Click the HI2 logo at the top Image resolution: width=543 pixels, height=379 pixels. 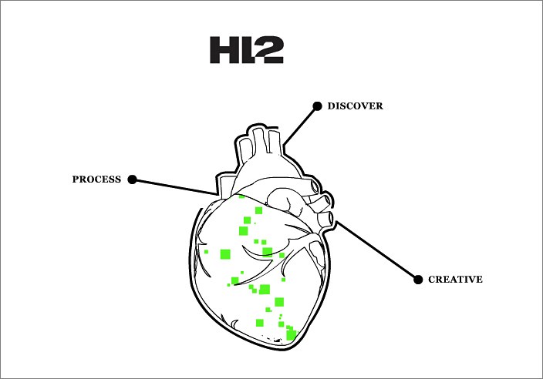(247, 50)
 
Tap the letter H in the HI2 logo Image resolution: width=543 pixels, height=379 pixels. (223, 50)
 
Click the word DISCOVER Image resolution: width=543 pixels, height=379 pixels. (356, 106)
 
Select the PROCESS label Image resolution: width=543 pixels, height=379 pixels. (96, 179)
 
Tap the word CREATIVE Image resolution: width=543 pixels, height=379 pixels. (455, 280)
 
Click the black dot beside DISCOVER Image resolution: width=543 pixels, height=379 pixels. (317, 106)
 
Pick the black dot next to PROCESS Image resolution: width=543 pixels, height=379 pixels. (133, 179)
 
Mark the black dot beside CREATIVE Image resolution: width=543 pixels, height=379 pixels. (418, 280)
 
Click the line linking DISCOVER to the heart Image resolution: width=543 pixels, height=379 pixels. (299, 126)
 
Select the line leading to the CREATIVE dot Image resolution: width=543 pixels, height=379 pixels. (376, 250)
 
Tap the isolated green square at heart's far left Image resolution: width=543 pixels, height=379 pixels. (207, 251)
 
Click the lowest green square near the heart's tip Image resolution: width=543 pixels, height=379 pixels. (292, 335)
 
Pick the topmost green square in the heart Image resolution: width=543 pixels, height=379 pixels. (241, 196)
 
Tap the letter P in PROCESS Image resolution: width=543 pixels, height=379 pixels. (76, 179)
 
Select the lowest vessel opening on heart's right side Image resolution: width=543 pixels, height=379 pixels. (326, 218)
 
